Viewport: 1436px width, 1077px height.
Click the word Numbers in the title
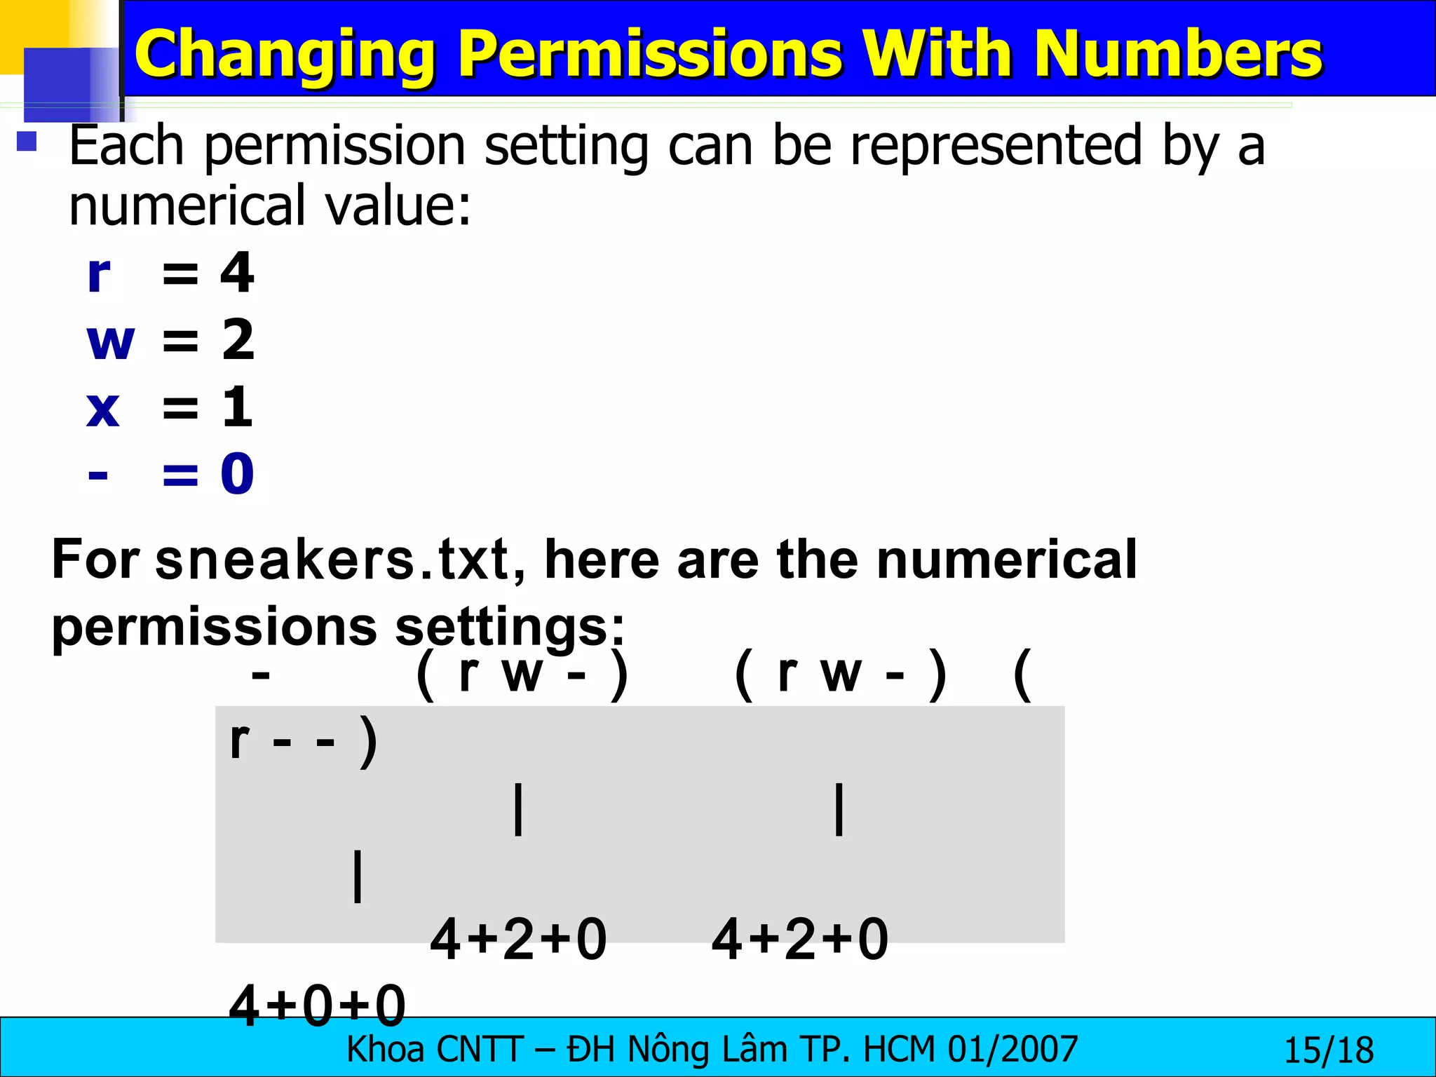click(x=1178, y=55)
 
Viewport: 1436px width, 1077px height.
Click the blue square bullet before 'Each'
click(x=27, y=142)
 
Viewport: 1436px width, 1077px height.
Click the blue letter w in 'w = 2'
click(x=110, y=341)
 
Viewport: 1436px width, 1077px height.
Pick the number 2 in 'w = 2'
click(x=238, y=340)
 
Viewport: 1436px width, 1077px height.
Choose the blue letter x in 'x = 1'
click(x=103, y=408)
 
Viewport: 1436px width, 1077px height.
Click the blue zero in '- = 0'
click(x=237, y=474)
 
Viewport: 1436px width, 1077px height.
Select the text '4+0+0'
click(x=318, y=1004)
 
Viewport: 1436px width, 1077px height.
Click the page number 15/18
click(x=1328, y=1050)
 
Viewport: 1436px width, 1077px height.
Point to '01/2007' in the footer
click(x=1012, y=1050)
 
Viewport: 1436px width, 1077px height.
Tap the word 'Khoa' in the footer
click(x=386, y=1050)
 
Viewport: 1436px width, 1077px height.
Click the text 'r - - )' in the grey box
click(x=304, y=741)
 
